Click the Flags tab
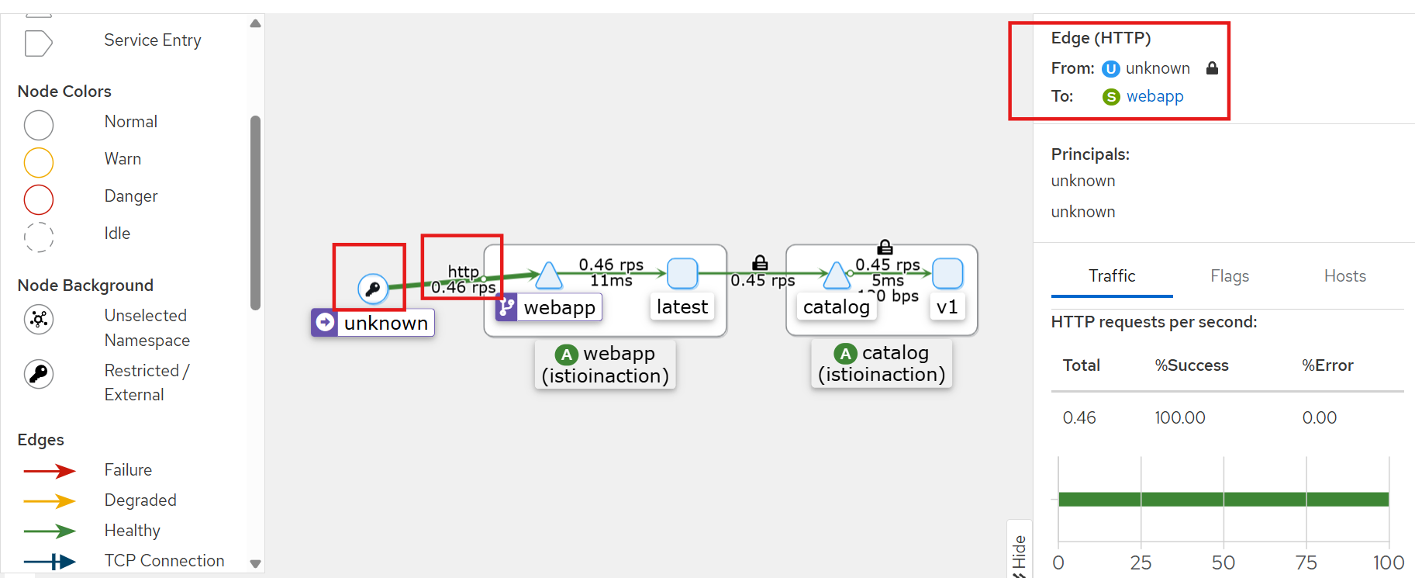pos(1229,276)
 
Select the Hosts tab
pos(1344,276)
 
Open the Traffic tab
pos(1111,276)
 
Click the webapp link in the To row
pos(1154,96)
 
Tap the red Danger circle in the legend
pos(39,199)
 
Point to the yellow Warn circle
pos(39,162)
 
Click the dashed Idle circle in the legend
pos(39,237)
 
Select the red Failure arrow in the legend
pos(49,471)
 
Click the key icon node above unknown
pos(373,289)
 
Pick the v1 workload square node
pos(947,274)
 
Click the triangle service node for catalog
pos(836,275)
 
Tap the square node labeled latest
pos(682,274)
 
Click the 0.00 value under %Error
pos(1319,418)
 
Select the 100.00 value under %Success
pos(1179,418)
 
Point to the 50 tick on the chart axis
pos(1223,562)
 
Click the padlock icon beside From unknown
pos(1212,68)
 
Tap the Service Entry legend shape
pos(38,43)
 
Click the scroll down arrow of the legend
pos(255,564)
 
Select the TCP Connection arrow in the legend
pos(49,561)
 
